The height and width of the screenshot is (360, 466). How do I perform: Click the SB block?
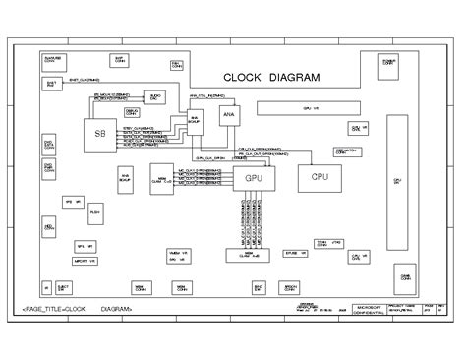[99, 135]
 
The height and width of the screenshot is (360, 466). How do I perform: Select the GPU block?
[254, 178]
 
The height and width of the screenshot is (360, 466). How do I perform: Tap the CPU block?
[320, 176]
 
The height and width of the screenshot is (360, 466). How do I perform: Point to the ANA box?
[229, 115]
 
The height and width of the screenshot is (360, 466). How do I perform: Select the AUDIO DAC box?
[154, 96]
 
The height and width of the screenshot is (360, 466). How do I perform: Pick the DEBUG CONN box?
[132, 113]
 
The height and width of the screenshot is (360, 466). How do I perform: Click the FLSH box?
[95, 211]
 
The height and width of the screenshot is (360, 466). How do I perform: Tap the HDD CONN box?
[49, 228]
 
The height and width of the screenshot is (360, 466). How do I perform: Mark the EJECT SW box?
[64, 287]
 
